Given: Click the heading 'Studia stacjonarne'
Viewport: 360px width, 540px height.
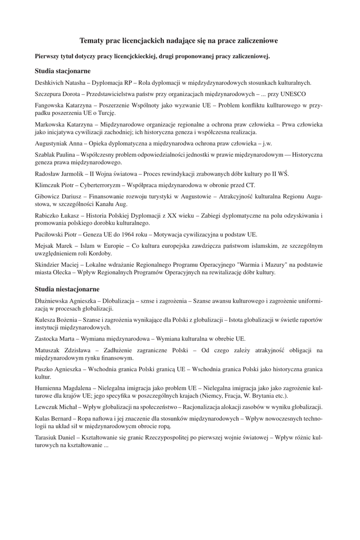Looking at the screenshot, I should point(63,70).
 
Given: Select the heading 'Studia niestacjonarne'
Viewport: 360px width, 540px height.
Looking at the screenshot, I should point(67,289).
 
